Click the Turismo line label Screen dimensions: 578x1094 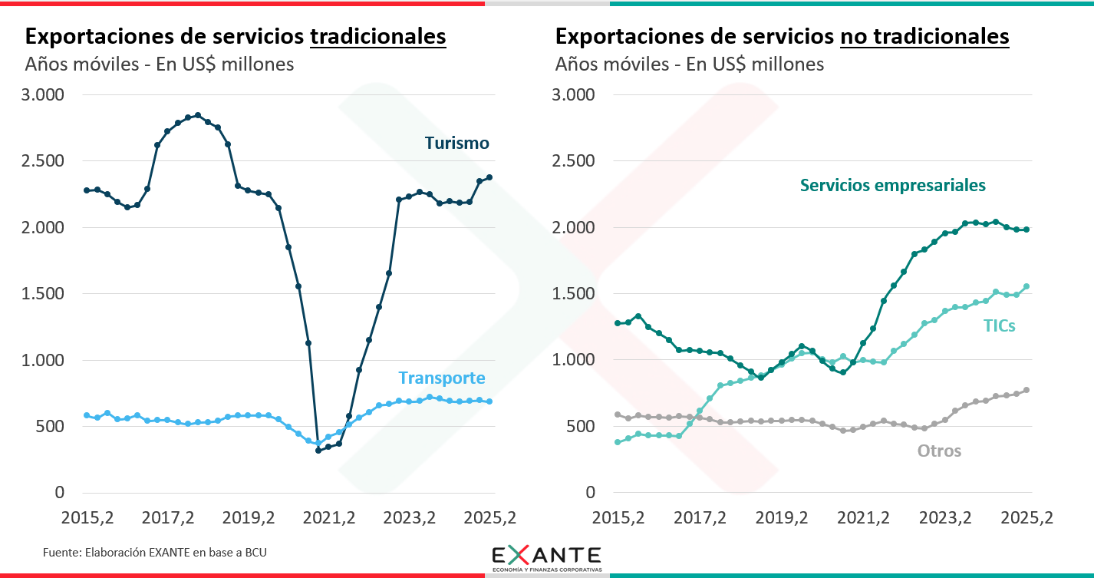point(456,143)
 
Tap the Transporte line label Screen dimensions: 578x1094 point(441,378)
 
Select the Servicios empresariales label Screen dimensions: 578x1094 point(892,185)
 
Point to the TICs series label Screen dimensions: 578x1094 point(999,325)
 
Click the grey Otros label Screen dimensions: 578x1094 point(939,451)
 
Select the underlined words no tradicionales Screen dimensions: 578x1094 point(924,36)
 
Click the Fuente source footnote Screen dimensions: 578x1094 point(154,552)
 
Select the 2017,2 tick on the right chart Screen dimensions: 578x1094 point(700,518)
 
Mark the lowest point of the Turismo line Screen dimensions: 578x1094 point(318,450)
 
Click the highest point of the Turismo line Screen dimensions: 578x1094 point(197,115)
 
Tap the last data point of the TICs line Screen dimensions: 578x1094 point(1026,287)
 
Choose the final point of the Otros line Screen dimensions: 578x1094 point(1026,390)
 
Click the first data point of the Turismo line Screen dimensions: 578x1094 point(87,190)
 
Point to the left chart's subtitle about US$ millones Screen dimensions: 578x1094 point(160,64)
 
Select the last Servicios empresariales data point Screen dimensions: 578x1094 point(1026,230)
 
